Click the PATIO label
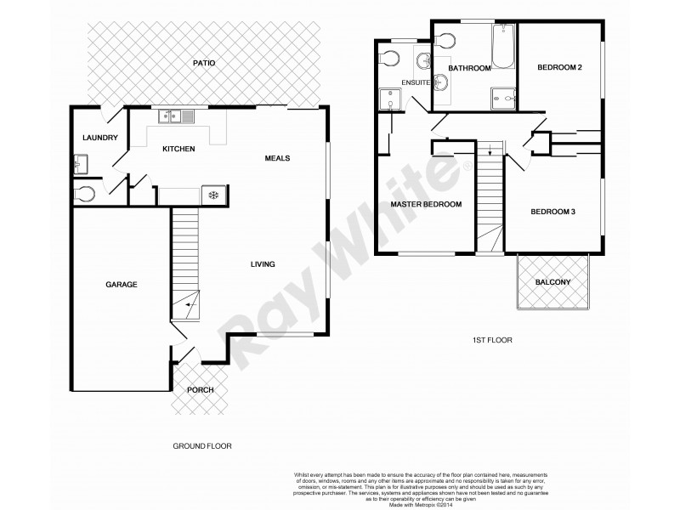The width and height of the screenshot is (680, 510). point(203,63)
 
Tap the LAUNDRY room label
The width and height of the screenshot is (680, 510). point(99,138)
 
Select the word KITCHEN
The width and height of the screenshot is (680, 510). point(178,149)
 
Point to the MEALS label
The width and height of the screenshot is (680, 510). point(278,157)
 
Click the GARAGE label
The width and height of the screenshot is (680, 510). point(122,284)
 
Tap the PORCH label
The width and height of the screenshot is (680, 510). point(201,390)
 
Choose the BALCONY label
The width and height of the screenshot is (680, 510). point(552,283)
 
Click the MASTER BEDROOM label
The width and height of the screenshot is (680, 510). point(426,204)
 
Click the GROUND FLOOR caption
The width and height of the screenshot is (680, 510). point(202,445)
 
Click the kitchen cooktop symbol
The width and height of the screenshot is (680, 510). point(213,195)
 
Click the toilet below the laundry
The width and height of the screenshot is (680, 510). point(82,193)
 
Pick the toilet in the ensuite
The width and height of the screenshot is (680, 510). point(390,58)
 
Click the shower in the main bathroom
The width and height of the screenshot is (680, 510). point(502,99)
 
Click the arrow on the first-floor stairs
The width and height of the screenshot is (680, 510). point(490,153)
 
